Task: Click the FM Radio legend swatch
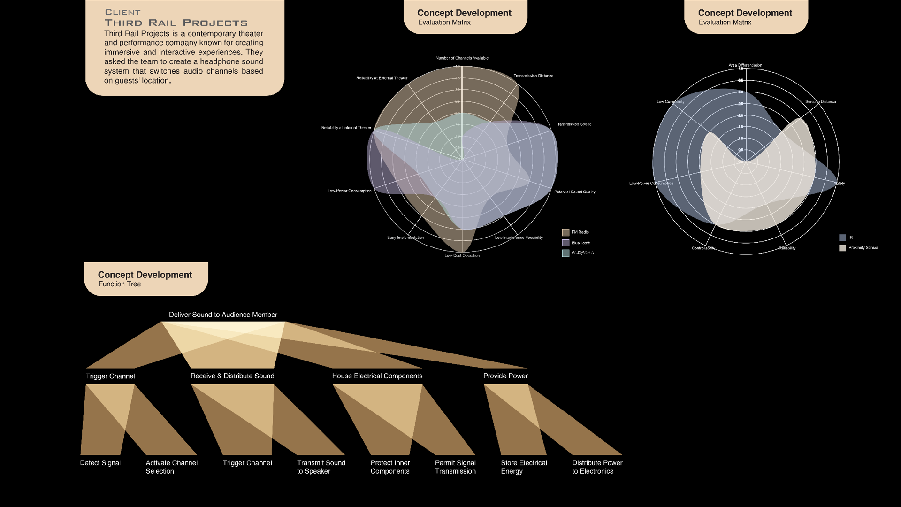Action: tap(565, 232)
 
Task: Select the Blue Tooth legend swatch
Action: tap(565, 243)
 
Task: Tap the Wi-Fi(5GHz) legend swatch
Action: tap(565, 253)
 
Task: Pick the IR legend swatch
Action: tap(842, 238)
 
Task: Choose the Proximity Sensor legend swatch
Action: tap(842, 248)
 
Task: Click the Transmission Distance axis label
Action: tap(533, 76)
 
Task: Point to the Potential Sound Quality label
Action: tap(574, 192)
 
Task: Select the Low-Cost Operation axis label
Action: tap(462, 256)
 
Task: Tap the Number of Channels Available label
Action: tap(462, 58)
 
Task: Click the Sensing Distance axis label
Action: tap(820, 102)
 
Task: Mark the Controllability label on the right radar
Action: tap(703, 248)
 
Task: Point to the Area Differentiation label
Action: tap(745, 65)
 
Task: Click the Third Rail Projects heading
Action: tap(176, 23)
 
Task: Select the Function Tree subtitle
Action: tap(120, 284)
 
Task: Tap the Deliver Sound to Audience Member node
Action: tap(223, 315)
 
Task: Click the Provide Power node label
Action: tap(505, 376)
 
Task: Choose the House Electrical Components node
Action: tap(377, 376)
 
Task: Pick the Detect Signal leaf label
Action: tap(100, 463)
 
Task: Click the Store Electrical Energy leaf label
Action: tap(524, 467)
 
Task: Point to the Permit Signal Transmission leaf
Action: tap(455, 467)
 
